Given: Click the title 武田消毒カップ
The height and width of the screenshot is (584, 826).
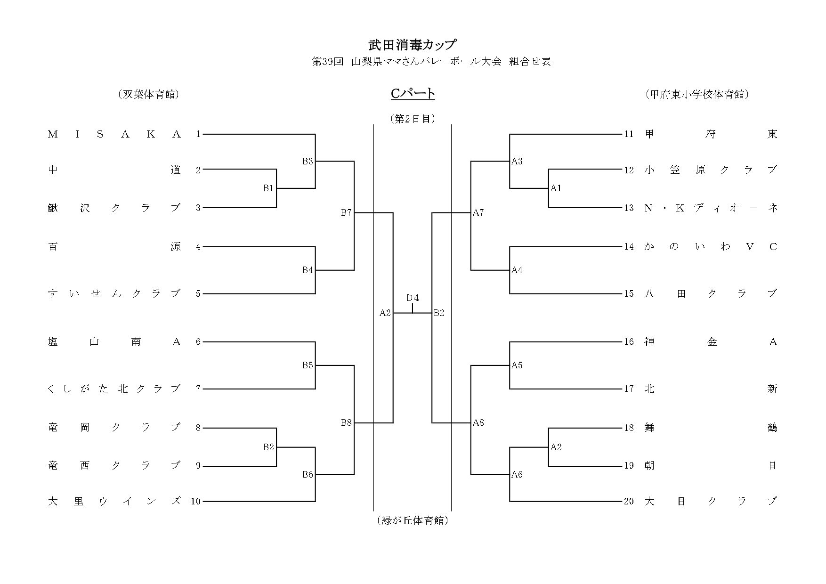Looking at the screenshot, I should (x=413, y=45).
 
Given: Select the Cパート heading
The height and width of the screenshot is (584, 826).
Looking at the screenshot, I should (x=413, y=94).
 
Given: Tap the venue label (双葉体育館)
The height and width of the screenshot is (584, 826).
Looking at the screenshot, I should (x=148, y=94).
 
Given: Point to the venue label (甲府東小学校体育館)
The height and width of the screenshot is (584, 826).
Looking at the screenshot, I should (x=697, y=94).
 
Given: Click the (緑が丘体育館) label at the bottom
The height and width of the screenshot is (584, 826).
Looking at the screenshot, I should (x=413, y=520).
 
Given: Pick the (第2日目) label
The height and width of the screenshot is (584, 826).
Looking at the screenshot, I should (x=413, y=119).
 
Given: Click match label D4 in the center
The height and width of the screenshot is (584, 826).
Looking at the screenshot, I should (x=413, y=298).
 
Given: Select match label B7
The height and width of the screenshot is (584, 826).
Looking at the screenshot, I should (x=346, y=213).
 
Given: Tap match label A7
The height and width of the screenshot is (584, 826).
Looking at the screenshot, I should (x=478, y=213).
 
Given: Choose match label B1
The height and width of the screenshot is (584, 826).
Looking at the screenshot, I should (x=268, y=188).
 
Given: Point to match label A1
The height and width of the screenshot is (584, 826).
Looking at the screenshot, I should (x=556, y=188).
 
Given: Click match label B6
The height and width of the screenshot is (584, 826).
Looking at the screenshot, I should (x=308, y=475).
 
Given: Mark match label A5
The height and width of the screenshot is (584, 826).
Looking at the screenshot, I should (x=517, y=365).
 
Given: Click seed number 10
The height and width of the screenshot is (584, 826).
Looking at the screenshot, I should (x=195, y=502).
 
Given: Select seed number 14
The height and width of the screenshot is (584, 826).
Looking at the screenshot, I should (x=629, y=247).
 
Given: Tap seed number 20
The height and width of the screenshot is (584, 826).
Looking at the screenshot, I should (x=629, y=502).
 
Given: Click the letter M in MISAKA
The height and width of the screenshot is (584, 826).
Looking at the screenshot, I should (x=53, y=135).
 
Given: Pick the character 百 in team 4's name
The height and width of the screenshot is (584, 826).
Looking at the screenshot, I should (x=53, y=247).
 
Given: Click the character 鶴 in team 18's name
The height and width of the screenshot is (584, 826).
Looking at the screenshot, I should (x=772, y=428).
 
